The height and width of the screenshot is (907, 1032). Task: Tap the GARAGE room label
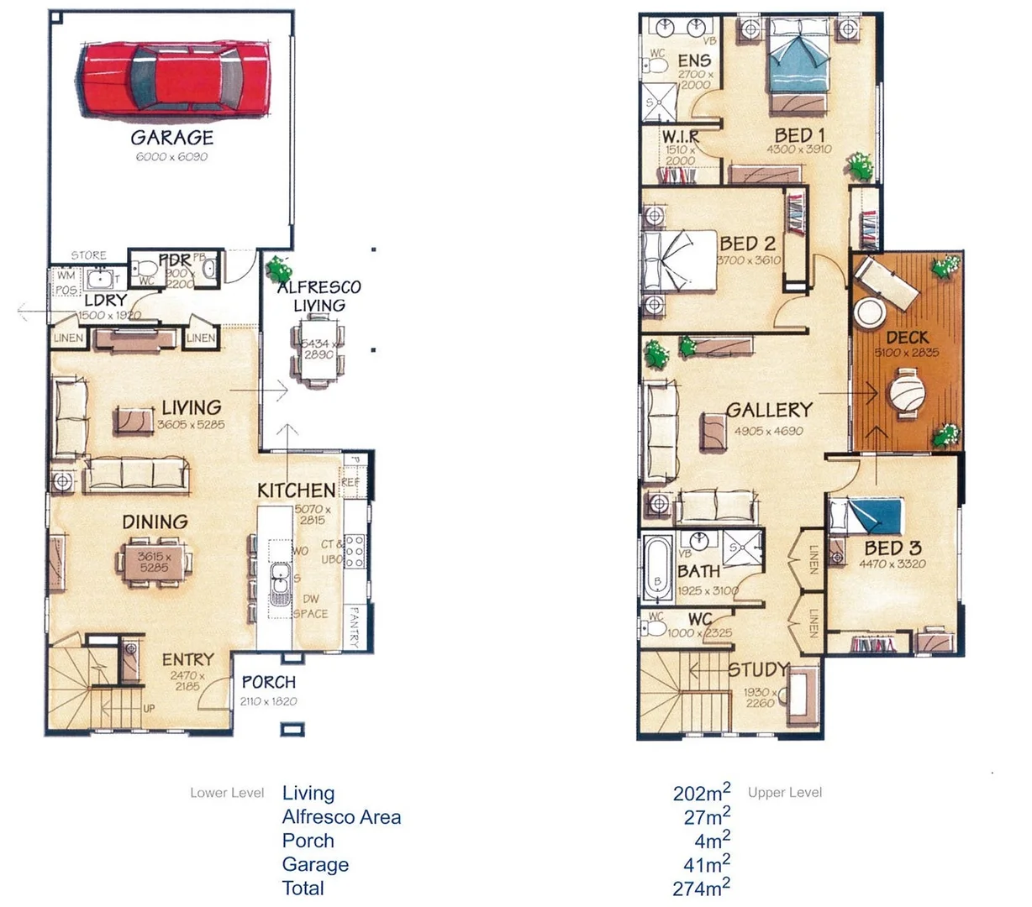[x=172, y=138]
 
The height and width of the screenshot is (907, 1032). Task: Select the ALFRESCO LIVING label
[x=319, y=296]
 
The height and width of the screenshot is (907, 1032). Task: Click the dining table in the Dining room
[x=155, y=561]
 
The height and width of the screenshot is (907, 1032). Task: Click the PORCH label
[x=269, y=683]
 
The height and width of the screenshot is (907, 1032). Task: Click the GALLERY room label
[x=769, y=411]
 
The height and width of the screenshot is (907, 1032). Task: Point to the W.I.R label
[x=680, y=136]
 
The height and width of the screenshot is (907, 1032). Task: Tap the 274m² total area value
[x=702, y=887]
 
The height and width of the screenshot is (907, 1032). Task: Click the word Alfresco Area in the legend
[x=341, y=817]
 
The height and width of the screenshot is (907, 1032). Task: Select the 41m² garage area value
[x=707, y=863]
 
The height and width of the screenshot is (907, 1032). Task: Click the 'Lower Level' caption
[x=227, y=793]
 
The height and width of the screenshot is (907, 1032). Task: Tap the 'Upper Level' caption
[x=785, y=793]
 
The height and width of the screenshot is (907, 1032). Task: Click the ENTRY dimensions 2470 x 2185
[x=188, y=681]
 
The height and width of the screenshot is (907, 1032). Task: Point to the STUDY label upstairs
[x=759, y=670]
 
